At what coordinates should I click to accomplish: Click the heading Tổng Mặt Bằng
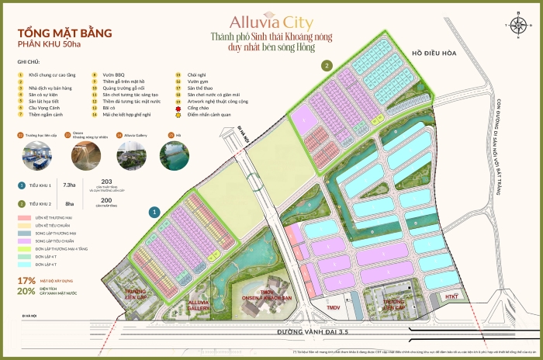(x=65, y=33)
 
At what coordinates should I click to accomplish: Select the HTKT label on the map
(x=452, y=297)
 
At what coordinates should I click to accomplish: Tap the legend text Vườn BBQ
(x=113, y=76)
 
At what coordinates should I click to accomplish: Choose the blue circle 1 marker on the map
(x=155, y=210)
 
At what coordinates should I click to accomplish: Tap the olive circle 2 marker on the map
(x=328, y=65)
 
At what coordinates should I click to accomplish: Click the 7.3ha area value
(x=69, y=185)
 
